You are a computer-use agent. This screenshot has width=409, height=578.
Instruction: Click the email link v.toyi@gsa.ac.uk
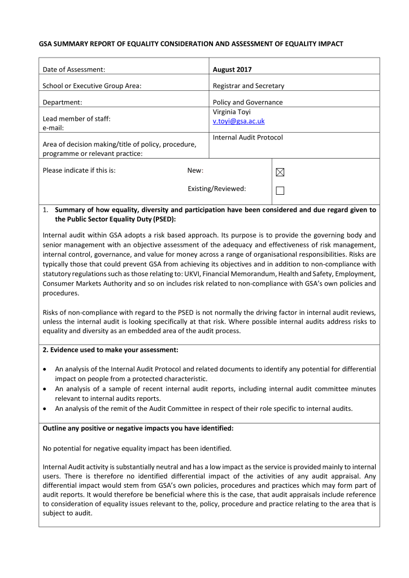tap(238, 121)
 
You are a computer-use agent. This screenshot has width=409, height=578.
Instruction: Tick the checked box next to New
tap(280, 172)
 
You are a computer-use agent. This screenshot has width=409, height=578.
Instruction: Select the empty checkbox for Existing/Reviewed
tap(280, 191)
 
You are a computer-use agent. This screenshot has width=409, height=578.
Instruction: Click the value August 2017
tap(232, 70)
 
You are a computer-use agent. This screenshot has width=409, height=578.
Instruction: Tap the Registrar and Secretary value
tap(248, 86)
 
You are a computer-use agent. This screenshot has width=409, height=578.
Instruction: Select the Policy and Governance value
tap(247, 102)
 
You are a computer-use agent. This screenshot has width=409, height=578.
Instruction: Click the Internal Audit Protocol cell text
tap(247, 137)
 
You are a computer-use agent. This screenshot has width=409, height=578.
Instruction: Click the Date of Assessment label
tap(74, 70)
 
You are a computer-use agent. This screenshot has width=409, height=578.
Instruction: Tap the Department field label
tap(62, 102)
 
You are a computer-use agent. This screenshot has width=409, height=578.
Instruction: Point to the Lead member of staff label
tap(77, 119)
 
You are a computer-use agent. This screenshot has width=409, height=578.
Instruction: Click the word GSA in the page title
tap(46, 43)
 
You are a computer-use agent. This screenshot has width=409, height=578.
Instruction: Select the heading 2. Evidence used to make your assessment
tap(111, 350)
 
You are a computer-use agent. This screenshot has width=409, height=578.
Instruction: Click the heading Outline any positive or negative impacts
tap(138, 428)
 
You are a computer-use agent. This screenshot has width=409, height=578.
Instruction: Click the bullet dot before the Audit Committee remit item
tap(45, 409)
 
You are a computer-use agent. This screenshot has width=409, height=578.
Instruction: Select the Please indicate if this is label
tap(79, 170)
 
